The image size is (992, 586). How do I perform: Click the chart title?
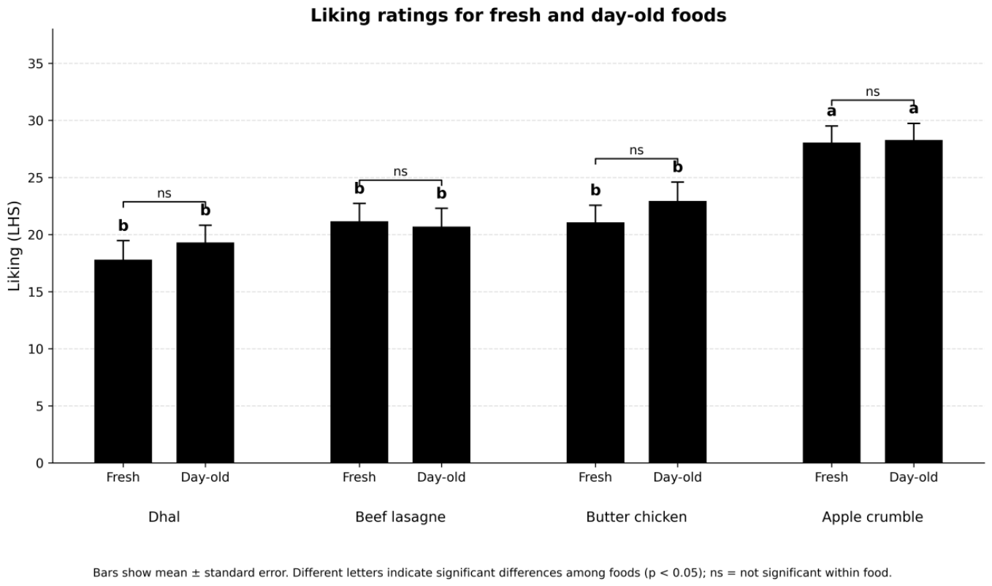pyautogui.click(x=518, y=15)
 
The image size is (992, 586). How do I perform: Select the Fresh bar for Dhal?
pyautogui.click(x=123, y=362)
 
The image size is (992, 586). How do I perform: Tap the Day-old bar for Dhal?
pyautogui.click(x=205, y=353)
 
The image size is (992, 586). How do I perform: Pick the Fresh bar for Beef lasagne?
pyautogui.click(x=359, y=343)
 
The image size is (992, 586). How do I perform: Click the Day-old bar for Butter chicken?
pyautogui.click(x=678, y=332)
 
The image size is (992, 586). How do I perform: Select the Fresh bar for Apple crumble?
pyautogui.click(x=832, y=303)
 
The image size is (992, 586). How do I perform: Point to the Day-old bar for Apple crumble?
pyautogui.click(x=914, y=302)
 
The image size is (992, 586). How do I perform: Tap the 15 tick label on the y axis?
pyautogui.click(x=36, y=292)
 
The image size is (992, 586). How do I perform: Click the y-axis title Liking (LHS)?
pyautogui.click(x=14, y=246)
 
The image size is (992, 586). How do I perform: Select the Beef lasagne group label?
pyautogui.click(x=400, y=517)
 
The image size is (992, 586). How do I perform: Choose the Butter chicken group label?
pyautogui.click(x=636, y=517)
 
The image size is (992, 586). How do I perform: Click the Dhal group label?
pyautogui.click(x=164, y=517)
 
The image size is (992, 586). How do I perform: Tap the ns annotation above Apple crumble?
pyautogui.click(x=872, y=91)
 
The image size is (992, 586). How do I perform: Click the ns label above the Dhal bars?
pyautogui.click(x=164, y=194)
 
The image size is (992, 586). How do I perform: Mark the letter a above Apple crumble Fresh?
pyautogui.click(x=832, y=111)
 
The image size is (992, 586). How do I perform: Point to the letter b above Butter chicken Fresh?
pyautogui.click(x=595, y=190)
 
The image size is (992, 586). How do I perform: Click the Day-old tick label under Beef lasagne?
pyautogui.click(x=441, y=477)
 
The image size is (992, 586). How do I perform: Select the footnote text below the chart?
pyautogui.click(x=492, y=573)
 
